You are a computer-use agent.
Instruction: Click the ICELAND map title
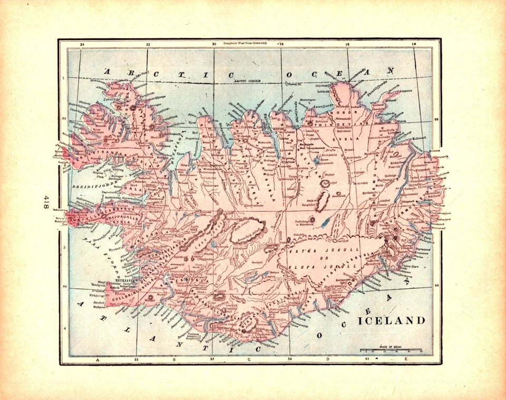392,320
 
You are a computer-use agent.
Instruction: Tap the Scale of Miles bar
391,350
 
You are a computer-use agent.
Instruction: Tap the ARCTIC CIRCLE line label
248,82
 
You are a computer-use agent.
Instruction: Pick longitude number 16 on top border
347,45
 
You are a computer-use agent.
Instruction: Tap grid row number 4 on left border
64,329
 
